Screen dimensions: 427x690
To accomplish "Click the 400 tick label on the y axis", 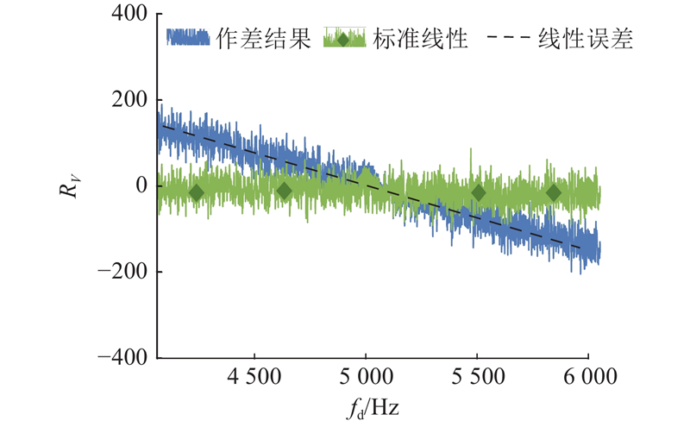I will (x=130, y=15).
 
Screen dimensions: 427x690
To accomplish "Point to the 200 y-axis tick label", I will (x=130, y=100).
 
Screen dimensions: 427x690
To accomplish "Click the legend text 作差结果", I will (x=262, y=40).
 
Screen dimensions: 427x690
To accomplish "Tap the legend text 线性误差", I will (x=586, y=40).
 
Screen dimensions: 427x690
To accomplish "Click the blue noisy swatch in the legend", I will (x=188, y=38).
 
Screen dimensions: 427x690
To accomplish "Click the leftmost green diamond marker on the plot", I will (x=196, y=193).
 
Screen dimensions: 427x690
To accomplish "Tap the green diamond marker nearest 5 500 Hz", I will (x=478, y=193).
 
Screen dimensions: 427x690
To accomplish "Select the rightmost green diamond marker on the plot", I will (x=554, y=193).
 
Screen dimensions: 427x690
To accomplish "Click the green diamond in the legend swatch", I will (x=343, y=39).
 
